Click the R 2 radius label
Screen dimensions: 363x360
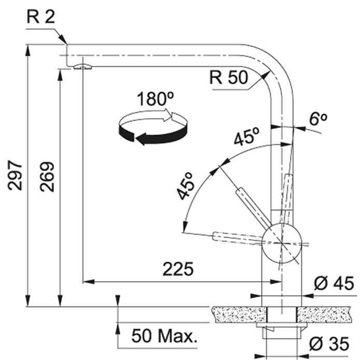(41, 17)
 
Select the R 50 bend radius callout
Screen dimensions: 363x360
(229, 77)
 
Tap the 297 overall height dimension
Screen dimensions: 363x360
(15, 175)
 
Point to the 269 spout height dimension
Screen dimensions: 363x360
(47, 177)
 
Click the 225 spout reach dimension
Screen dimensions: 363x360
(178, 269)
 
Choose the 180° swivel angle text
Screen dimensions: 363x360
(156, 99)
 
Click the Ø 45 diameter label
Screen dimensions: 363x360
(334, 283)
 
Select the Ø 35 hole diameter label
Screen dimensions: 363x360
(329, 343)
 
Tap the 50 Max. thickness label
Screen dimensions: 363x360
(164, 336)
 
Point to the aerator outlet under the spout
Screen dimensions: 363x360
(82, 67)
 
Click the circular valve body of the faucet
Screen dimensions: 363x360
(282, 243)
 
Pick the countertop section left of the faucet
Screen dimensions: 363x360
(239, 314)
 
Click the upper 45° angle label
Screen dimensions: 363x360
(247, 137)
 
